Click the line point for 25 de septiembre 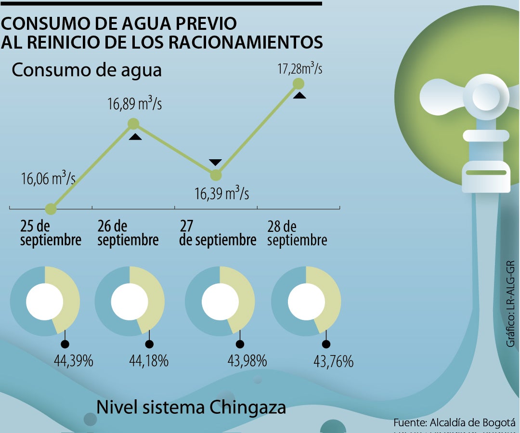(51, 209)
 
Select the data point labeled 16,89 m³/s (134, 124)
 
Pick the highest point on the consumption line (299, 84)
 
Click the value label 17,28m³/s (299, 68)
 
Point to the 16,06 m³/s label (48, 179)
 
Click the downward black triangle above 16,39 (215, 162)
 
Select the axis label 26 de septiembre (128, 233)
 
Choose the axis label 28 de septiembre (297, 233)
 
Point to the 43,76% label (333, 361)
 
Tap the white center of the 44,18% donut (129, 302)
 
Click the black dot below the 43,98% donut (239, 344)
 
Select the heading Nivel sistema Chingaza (191, 408)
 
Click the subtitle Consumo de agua (87, 70)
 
